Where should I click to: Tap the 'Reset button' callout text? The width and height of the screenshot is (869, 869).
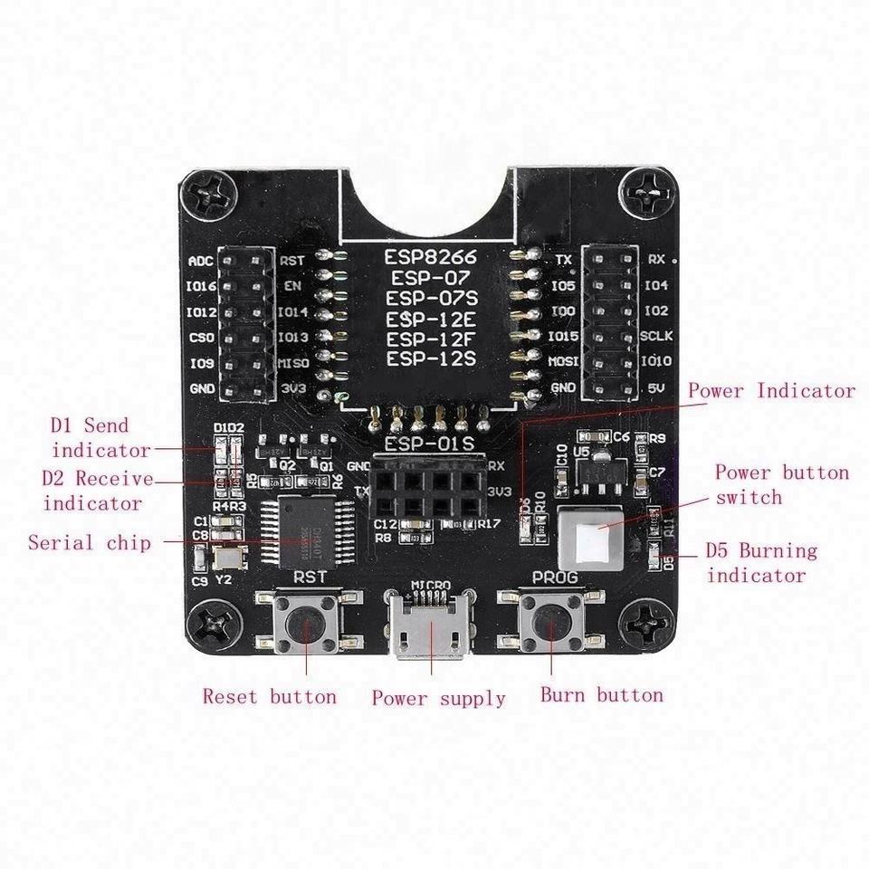coord(269,697)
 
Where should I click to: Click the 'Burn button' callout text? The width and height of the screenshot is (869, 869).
coord(601,695)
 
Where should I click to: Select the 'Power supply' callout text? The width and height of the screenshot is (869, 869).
coord(438,699)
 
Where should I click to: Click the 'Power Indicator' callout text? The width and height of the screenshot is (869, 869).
coord(771,391)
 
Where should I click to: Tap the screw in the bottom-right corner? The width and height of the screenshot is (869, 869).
coord(651,623)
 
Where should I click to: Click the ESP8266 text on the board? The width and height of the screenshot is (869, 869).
coord(430,258)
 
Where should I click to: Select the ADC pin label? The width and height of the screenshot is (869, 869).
coord(200,262)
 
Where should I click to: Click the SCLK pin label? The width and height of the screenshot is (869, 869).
coord(656,336)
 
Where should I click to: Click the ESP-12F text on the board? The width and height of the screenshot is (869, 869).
coord(430,339)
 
